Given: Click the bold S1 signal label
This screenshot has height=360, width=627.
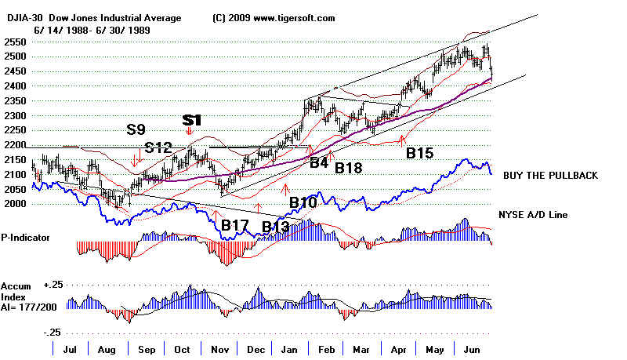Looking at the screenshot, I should click(192, 120).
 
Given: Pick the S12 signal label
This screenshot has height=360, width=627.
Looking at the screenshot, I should click(159, 147).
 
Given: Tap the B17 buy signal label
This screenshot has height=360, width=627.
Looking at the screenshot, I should click(235, 226).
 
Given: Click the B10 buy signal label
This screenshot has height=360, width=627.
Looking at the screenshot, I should click(303, 203).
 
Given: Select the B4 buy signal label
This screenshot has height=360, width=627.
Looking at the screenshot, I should click(318, 163).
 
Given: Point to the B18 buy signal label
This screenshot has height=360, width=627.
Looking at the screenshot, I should click(348, 167).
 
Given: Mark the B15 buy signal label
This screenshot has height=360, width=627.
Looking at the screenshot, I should click(420, 154).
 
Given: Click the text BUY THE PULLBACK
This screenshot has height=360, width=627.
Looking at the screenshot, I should click(548, 176).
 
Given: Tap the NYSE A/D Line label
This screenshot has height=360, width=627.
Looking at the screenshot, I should click(535, 214).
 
